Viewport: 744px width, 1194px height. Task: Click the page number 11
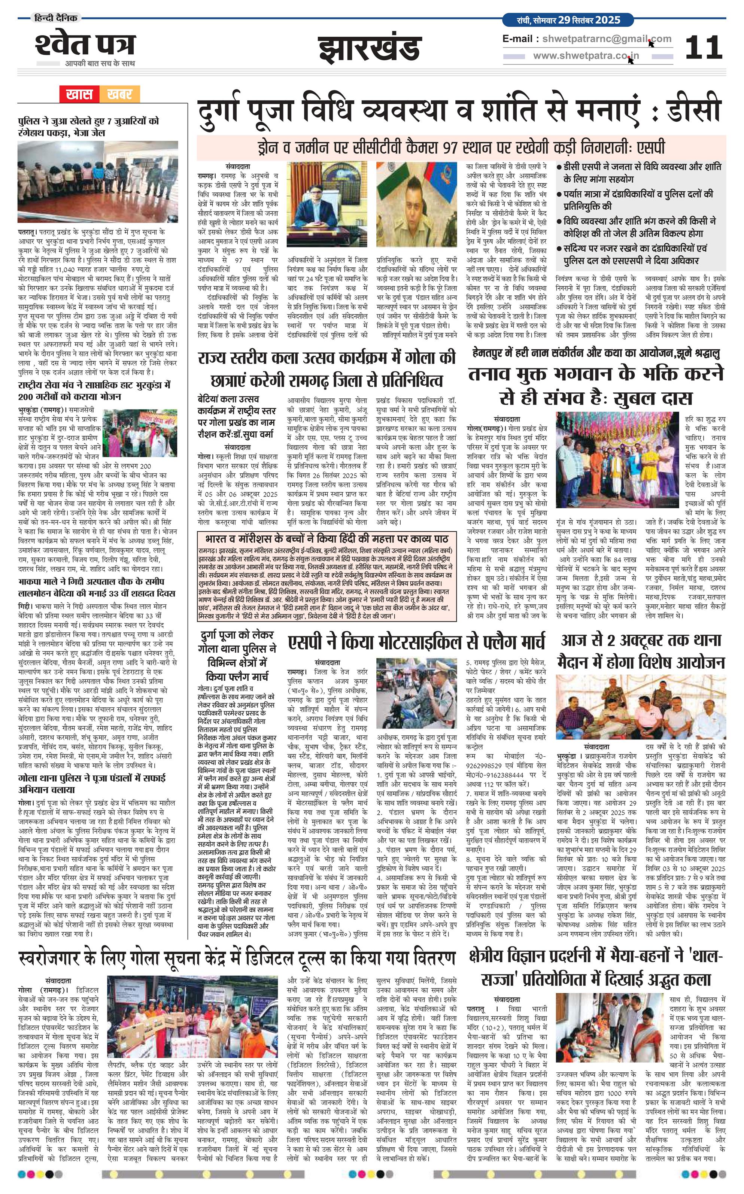coord(703,48)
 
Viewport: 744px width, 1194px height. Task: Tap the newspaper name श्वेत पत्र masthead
coord(85,45)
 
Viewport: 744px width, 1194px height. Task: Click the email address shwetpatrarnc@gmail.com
coord(606,39)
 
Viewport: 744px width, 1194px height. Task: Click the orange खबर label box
coord(119,94)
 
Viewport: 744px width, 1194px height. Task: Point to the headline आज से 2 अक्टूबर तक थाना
coord(641,641)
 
